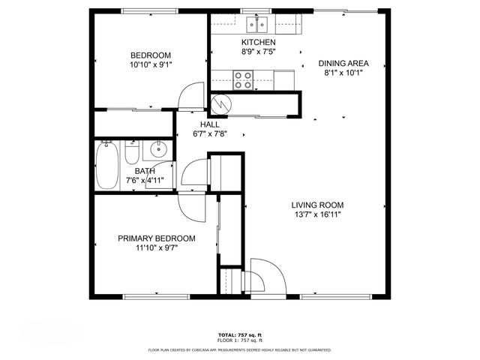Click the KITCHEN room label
(x=258, y=43)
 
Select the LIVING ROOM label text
(x=317, y=205)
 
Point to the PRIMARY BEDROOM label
(x=156, y=238)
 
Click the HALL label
(x=209, y=124)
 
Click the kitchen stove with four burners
(x=243, y=79)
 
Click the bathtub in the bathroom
(x=106, y=166)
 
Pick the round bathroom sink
(x=158, y=150)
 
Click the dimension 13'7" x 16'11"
(x=317, y=214)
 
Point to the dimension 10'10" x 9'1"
(x=151, y=64)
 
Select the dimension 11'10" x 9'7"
(x=156, y=248)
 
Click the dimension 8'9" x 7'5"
(x=258, y=52)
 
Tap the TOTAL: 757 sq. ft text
(x=240, y=335)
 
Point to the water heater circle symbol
(x=221, y=104)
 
